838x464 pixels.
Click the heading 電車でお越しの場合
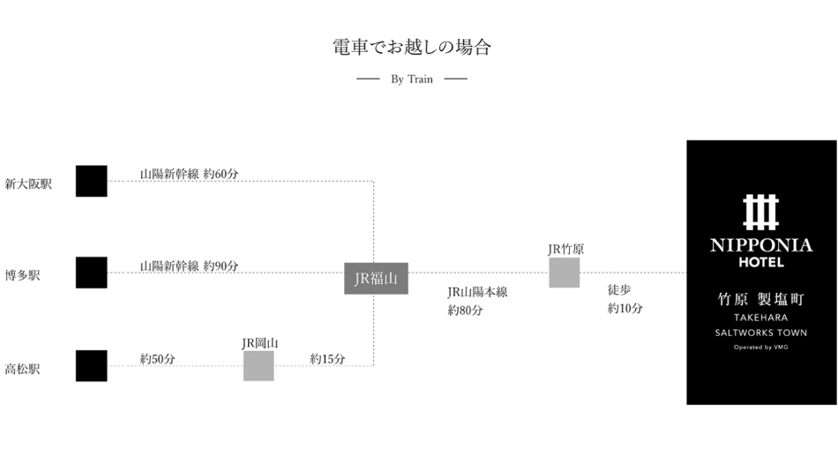(411, 48)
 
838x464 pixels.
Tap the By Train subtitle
(411, 79)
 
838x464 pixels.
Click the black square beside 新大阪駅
(91, 181)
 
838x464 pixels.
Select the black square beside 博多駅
(91, 273)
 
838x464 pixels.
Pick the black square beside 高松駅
(91, 365)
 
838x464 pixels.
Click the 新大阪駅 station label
(28, 184)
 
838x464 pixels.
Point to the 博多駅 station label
(23, 276)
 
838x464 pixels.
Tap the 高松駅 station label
(23, 369)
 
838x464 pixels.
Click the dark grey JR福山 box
(376, 279)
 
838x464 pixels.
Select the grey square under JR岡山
(258, 365)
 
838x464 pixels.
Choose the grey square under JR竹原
(565, 273)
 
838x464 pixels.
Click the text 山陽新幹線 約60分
(189, 174)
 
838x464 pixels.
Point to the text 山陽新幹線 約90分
(189, 266)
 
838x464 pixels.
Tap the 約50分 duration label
(157, 359)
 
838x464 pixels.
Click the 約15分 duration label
(327, 359)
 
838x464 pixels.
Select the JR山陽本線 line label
(477, 292)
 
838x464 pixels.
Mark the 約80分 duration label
(465, 311)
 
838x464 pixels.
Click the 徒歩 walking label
(619, 289)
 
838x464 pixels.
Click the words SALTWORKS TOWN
(760, 333)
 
